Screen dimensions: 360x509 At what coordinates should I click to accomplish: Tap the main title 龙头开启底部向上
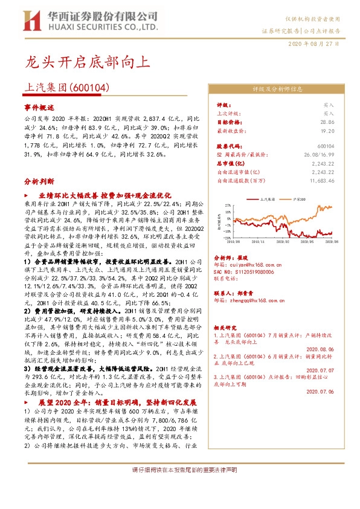tap(84, 62)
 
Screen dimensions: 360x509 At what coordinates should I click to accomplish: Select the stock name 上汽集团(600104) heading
tap(67, 88)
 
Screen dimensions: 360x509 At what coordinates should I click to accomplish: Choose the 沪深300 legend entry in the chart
tap(298, 199)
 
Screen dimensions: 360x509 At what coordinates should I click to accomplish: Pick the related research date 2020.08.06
tap(320, 348)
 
